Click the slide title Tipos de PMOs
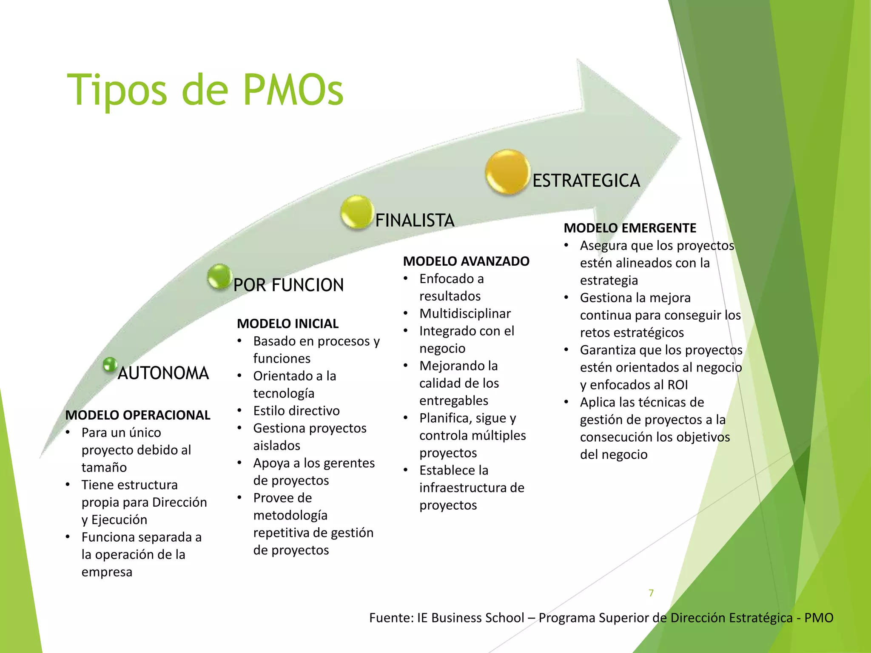pos(205,90)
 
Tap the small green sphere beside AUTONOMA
pos(110,365)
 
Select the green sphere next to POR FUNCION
pos(219,277)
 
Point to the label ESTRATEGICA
pos(586,181)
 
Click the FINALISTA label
pos(415,221)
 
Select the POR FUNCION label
pos(288,285)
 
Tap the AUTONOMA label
pos(163,373)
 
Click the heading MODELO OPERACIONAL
pos(138,415)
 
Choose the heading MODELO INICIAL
pos(287,324)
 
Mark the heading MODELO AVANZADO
pos(466,261)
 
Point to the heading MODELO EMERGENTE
pos(630,228)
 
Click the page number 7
pos(651,593)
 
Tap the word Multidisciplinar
pos(465,314)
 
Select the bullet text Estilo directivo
pos(296,411)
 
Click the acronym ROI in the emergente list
pos(677,385)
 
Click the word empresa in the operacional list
pos(107,572)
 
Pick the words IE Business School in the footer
pos(470,618)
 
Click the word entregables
pos(453,400)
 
